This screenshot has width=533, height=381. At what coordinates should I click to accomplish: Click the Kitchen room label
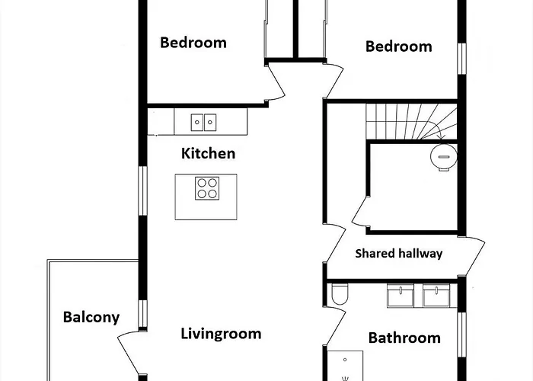(x=208, y=153)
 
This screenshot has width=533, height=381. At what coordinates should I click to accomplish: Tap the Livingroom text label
(x=221, y=334)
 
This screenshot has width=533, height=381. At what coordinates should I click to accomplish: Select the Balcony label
(x=91, y=318)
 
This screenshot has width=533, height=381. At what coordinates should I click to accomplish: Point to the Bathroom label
(x=404, y=338)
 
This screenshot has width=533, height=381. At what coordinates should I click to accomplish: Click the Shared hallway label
(x=399, y=254)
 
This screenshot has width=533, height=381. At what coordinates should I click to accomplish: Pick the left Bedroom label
(x=193, y=43)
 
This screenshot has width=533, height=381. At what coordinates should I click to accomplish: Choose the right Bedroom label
(x=399, y=46)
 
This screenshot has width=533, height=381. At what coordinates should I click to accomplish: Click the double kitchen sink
(x=203, y=123)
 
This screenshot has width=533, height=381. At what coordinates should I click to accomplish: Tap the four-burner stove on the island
(x=207, y=188)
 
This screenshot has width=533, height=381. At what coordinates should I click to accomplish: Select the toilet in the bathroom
(x=340, y=294)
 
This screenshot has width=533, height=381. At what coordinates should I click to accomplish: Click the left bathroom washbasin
(x=401, y=296)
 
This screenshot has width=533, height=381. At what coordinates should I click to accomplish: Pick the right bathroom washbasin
(x=436, y=296)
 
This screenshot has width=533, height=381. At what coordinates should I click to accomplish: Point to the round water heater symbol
(x=444, y=157)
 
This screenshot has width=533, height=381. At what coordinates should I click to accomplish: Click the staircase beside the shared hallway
(x=411, y=121)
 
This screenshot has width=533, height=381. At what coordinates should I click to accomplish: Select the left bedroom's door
(x=276, y=82)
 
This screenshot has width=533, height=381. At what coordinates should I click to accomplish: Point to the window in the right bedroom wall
(x=461, y=59)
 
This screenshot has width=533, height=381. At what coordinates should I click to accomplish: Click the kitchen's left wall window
(x=142, y=190)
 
